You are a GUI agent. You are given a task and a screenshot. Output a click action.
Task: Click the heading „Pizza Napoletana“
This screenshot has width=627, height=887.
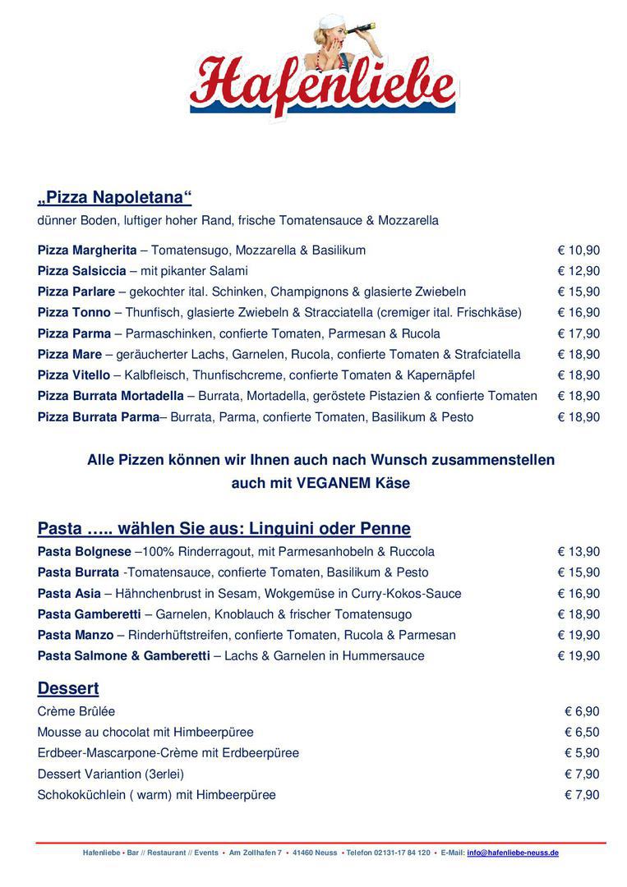(114, 197)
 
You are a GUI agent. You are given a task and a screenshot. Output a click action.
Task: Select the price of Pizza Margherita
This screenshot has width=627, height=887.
(579, 250)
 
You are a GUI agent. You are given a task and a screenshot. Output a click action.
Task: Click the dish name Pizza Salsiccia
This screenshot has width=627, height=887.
(82, 271)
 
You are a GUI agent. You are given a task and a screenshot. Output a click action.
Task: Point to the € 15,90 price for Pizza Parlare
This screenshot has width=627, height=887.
(579, 292)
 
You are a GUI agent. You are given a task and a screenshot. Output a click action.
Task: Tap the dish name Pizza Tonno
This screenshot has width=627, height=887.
(74, 313)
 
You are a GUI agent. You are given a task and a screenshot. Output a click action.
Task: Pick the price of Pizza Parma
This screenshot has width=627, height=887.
(579, 333)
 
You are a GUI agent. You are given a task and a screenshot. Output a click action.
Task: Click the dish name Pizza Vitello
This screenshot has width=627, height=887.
(74, 375)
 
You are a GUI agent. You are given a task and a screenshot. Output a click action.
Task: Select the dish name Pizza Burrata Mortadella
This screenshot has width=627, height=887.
(111, 396)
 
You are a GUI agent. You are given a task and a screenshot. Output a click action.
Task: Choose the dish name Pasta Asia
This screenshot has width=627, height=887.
(69, 593)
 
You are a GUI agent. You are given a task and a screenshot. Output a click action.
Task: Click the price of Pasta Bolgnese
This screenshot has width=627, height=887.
(579, 552)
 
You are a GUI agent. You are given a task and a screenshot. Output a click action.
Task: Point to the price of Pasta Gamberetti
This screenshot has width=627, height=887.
(579, 614)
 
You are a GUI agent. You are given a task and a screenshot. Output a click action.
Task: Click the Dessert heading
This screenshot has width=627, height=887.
(68, 688)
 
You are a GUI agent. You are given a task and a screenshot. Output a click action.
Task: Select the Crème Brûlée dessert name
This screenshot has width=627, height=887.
(76, 711)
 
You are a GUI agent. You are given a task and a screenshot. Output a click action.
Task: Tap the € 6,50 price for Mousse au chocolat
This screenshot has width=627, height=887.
(582, 733)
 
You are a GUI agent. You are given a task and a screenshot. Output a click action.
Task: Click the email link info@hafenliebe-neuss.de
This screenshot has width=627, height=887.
(513, 853)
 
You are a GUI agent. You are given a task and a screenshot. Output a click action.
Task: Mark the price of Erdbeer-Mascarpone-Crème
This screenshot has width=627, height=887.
(582, 753)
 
